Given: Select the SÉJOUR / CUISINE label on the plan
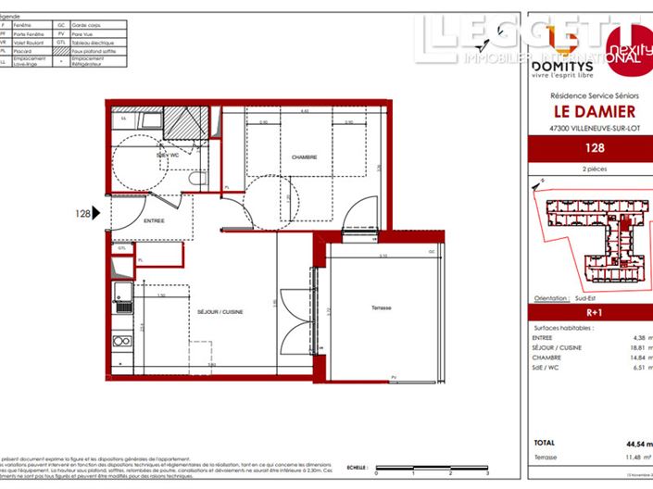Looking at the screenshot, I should click(220, 313).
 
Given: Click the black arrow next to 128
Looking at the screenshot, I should click(97, 213).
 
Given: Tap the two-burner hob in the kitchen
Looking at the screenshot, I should click(121, 341).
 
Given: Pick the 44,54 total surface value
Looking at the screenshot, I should click(635, 444).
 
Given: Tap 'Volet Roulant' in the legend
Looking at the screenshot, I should click(27, 42).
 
